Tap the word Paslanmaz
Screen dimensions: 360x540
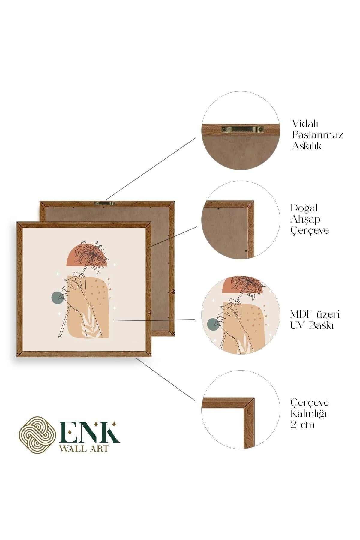[x=318, y=135]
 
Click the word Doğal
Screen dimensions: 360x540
[x=304, y=208]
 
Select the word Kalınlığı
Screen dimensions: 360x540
[x=309, y=414]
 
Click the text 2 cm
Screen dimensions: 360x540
[x=303, y=425]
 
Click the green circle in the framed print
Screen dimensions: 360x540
[x=58, y=298]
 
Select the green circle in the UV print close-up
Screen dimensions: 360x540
[x=214, y=323]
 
